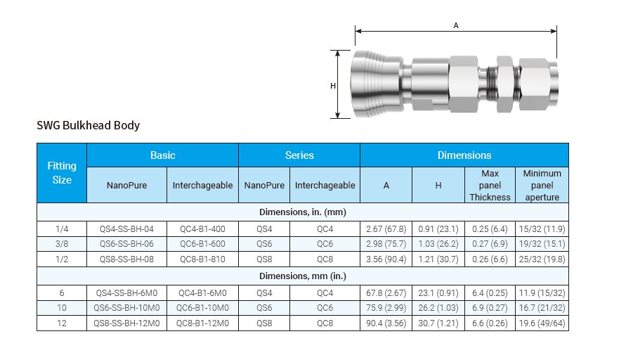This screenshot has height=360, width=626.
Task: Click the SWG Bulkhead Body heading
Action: [x=89, y=125]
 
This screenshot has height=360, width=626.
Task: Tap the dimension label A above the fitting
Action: [x=456, y=25]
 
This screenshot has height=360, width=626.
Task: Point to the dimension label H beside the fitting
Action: [x=333, y=86]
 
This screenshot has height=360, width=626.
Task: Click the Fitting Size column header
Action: [x=62, y=172]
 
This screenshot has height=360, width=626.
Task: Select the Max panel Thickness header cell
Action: [x=490, y=185]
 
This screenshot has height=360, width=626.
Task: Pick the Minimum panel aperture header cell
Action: [x=542, y=185]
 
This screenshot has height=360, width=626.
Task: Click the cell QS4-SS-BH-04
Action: [x=126, y=229]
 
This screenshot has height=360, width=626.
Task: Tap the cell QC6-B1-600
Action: [x=202, y=244]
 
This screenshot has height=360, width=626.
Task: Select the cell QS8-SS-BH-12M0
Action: [x=126, y=323]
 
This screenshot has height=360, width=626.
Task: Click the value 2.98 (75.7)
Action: [x=386, y=244]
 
